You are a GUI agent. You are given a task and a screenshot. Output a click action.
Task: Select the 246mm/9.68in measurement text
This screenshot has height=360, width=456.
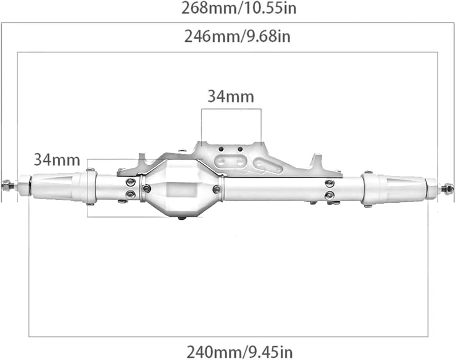click(x=237, y=36)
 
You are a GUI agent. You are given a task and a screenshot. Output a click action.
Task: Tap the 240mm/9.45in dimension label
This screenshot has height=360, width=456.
click(x=240, y=352)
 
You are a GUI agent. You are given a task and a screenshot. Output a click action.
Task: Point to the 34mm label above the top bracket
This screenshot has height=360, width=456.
click(x=231, y=96)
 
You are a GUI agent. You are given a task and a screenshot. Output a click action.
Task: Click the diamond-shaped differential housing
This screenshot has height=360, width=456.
click(x=181, y=187)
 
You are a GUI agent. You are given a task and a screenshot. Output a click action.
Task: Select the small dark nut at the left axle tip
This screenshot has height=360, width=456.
click(x=5, y=184)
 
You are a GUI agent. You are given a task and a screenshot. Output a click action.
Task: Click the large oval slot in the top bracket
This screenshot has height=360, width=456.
click(x=230, y=161)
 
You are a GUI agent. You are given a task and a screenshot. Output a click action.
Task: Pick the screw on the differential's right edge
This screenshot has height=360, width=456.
click(x=217, y=189)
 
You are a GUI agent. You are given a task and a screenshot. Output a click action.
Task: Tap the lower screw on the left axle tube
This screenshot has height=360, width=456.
click(x=131, y=193)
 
